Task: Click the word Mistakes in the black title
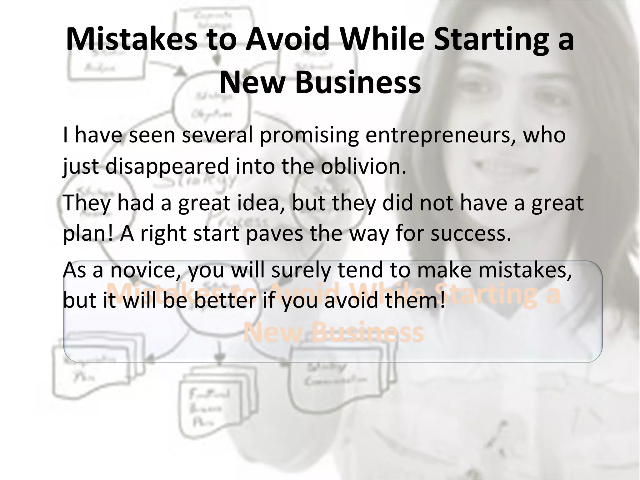tap(131, 39)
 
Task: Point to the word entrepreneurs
tap(441, 136)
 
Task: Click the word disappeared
tap(167, 166)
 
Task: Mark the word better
tap(225, 301)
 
